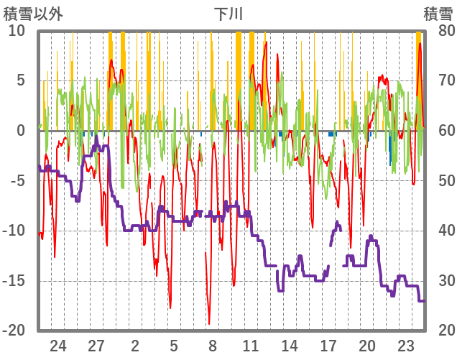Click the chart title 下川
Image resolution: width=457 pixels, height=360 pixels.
(x=228, y=14)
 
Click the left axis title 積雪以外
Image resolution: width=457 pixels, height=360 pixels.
(x=33, y=14)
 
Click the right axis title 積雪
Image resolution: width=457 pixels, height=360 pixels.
(x=438, y=14)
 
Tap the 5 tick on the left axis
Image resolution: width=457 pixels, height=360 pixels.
(x=21, y=80)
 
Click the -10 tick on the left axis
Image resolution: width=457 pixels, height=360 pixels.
(x=14, y=231)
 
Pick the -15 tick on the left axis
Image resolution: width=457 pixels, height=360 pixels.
(x=14, y=281)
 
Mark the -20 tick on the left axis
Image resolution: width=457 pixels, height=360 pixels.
(x=14, y=331)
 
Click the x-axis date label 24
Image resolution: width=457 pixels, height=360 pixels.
(x=58, y=345)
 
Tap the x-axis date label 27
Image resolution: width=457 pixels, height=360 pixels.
(x=96, y=345)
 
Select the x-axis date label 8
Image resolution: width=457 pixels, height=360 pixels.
(x=213, y=345)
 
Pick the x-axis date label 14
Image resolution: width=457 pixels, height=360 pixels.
(x=290, y=345)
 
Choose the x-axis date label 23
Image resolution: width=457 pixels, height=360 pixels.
(x=405, y=345)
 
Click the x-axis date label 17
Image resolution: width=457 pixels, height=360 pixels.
(x=328, y=345)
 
